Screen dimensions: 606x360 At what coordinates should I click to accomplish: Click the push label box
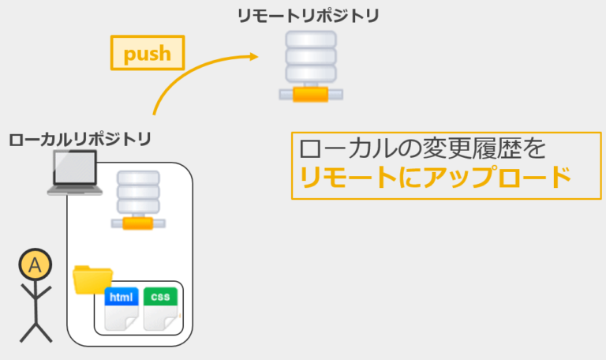148,53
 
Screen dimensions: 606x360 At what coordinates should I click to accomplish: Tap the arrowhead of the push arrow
254,57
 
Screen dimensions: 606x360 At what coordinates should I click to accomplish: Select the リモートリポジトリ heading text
308,17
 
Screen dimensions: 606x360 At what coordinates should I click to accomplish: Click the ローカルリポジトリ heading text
80,139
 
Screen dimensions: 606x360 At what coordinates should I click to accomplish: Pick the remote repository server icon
311,66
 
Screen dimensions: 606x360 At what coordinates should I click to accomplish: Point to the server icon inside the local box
138,201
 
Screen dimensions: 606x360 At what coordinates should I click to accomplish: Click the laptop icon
75,172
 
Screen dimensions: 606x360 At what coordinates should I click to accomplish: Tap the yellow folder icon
92,279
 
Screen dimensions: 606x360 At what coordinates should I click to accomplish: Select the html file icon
122,309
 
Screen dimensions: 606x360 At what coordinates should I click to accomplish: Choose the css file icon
160,309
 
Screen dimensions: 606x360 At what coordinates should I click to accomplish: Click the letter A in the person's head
36,265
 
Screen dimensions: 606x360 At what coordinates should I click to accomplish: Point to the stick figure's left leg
28,332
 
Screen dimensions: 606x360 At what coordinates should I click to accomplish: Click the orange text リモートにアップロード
436,178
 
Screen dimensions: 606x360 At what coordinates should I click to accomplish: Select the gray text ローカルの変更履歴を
422,148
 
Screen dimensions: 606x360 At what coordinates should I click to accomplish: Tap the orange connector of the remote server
310,95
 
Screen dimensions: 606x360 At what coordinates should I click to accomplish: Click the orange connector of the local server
138,223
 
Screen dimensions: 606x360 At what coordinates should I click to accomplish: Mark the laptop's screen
75,167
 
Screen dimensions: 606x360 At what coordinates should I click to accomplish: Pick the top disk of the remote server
311,39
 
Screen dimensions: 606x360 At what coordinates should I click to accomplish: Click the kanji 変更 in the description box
447,148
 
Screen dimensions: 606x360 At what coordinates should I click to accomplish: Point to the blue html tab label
122,297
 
